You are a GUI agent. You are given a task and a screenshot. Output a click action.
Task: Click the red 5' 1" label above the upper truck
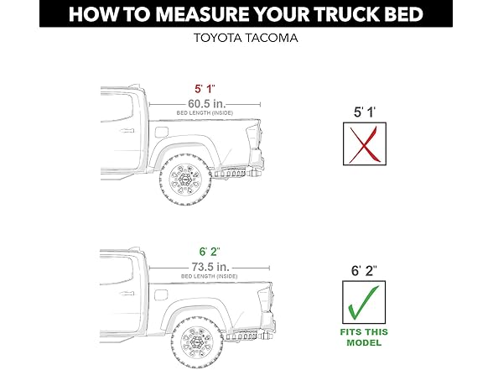205,87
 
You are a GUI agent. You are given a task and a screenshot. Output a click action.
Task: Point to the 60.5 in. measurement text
205,102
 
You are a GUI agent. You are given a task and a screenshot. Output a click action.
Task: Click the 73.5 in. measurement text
205,268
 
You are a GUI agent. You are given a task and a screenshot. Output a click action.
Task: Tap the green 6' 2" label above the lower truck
205,253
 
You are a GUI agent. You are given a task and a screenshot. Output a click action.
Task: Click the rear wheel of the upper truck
185,180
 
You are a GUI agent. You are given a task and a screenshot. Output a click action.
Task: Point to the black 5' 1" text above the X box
365,110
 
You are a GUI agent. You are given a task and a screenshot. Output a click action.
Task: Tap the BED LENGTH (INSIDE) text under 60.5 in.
205,112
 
